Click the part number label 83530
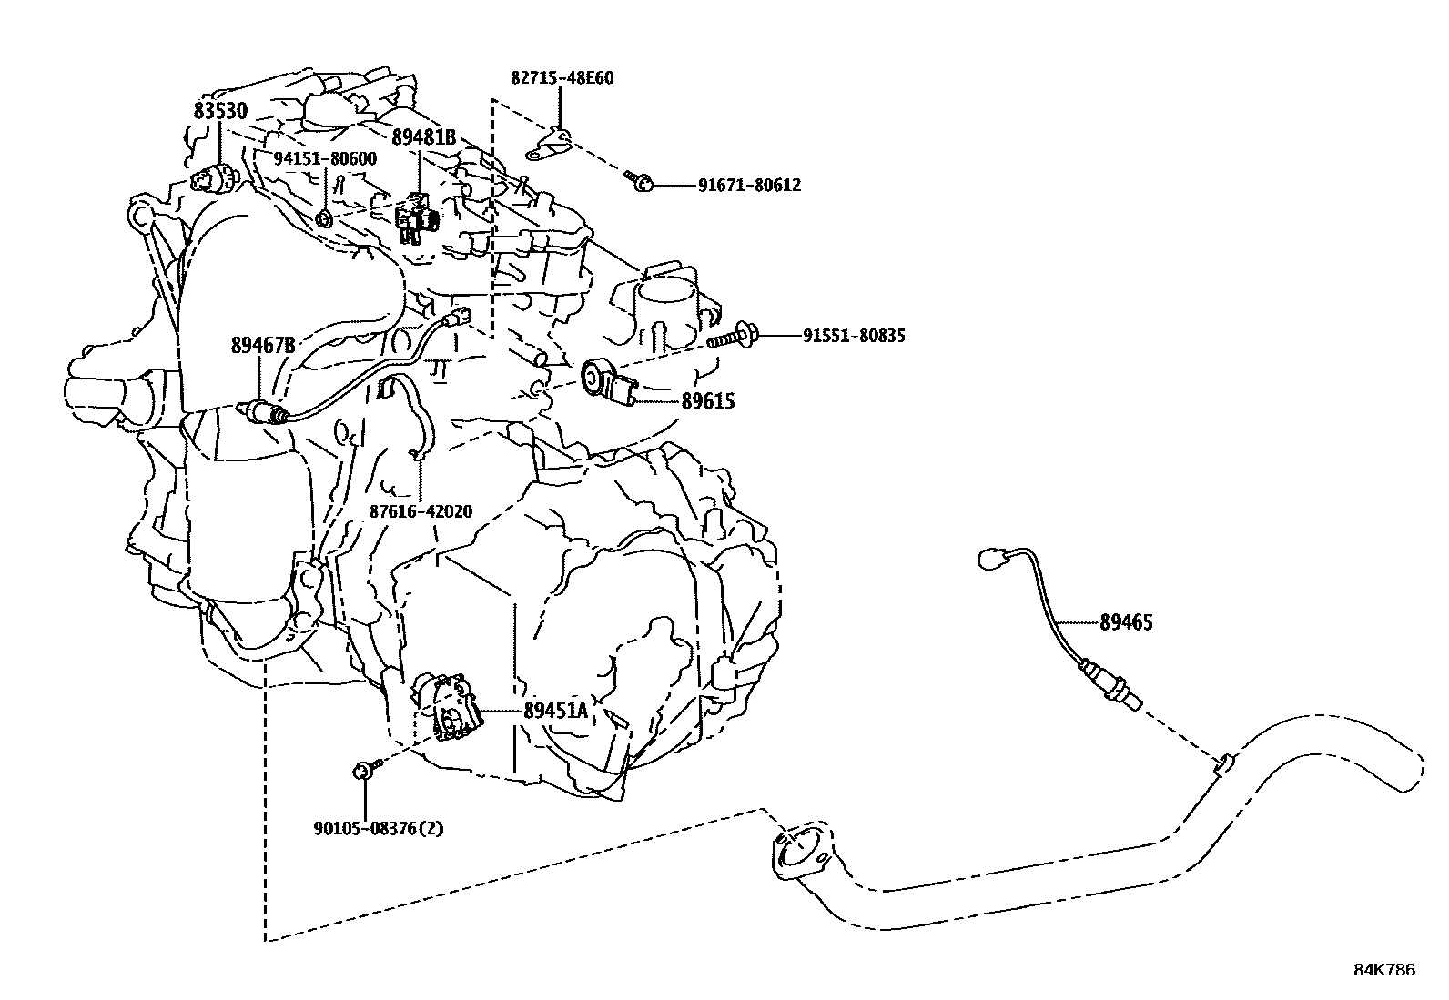pyautogui.click(x=220, y=111)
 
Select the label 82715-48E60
pyautogui.click(x=562, y=78)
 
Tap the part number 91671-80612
pyautogui.click(x=749, y=186)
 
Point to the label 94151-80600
pyautogui.click(x=325, y=158)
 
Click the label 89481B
pyautogui.click(x=423, y=137)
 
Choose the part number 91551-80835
pyautogui.click(x=854, y=336)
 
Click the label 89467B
pyautogui.click(x=263, y=345)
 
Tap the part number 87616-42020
pyautogui.click(x=421, y=511)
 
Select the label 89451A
pyautogui.click(x=556, y=711)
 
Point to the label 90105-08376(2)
pyautogui.click(x=380, y=829)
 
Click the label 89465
pyautogui.click(x=1126, y=623)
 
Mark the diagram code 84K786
pyautogui.click(x=1383, y=970)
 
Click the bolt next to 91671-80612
pyautogui.click(x=637, y=182)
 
